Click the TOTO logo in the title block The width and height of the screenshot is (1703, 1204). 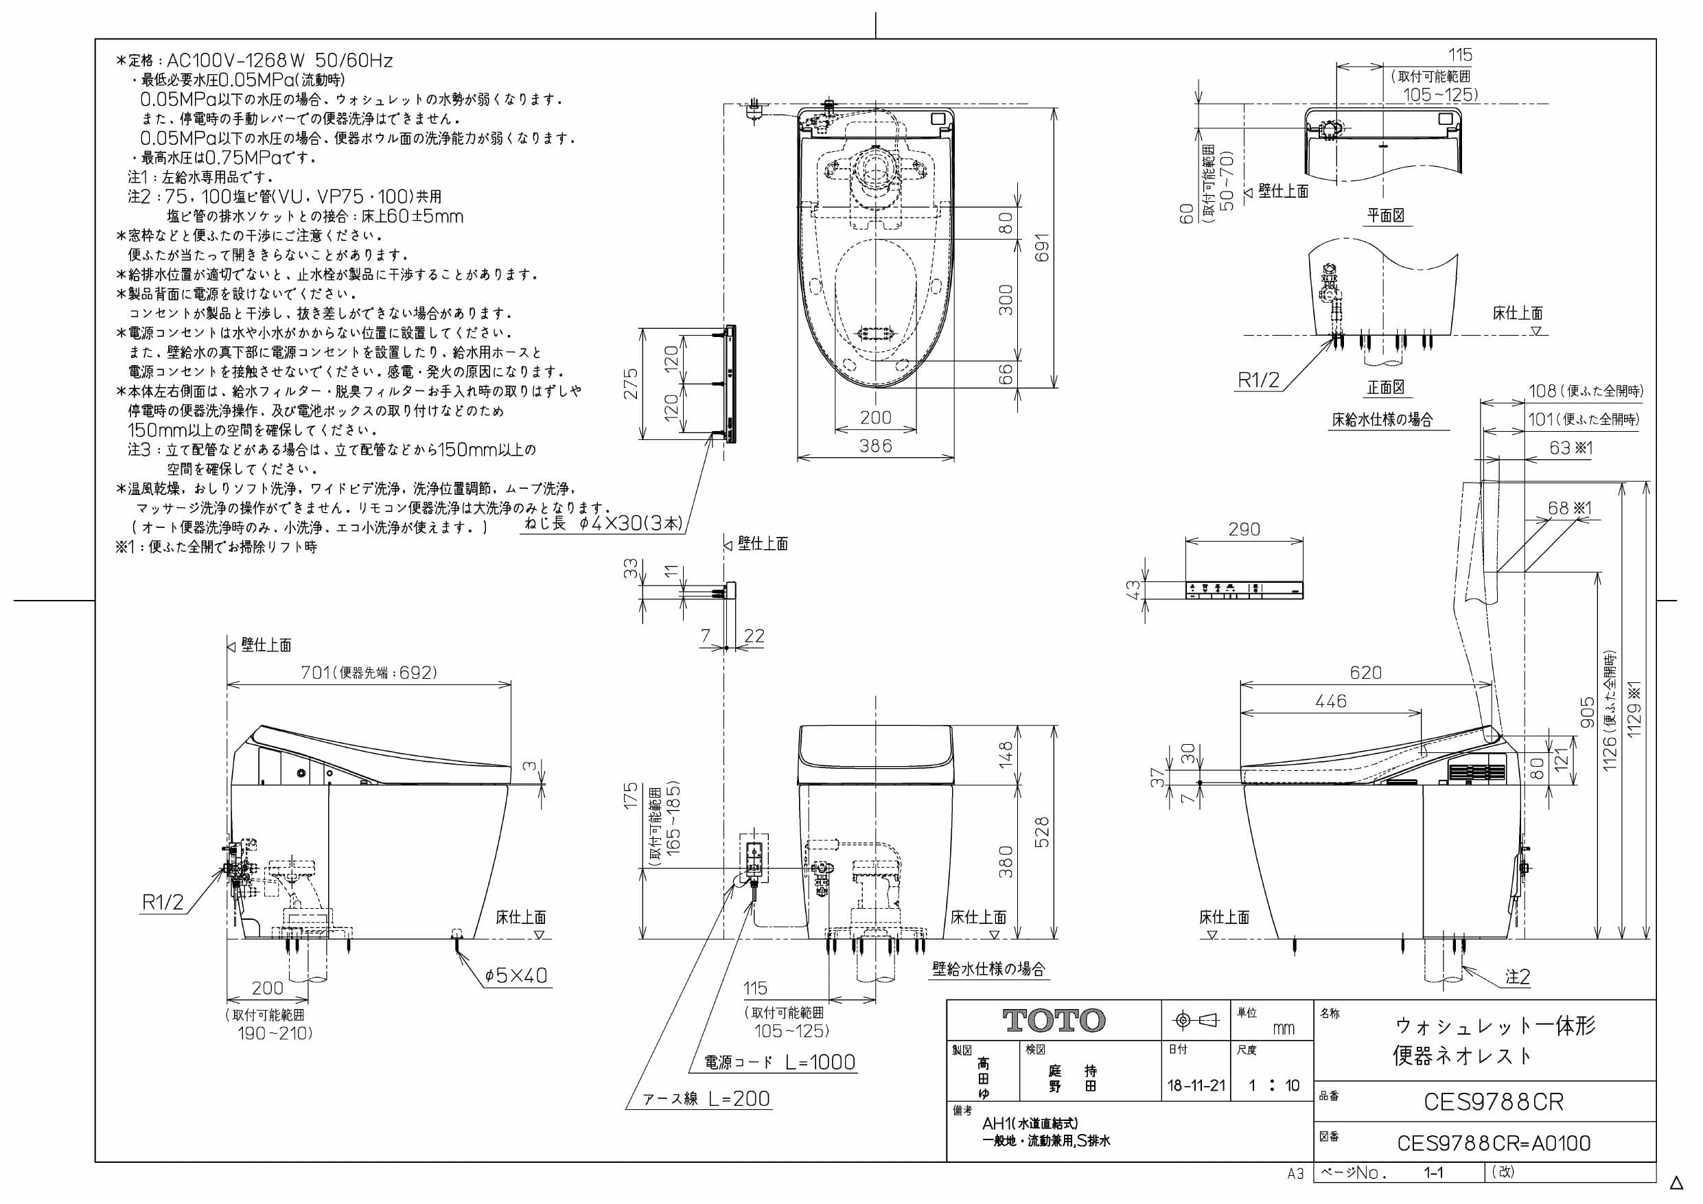click(x=1054, y=1021)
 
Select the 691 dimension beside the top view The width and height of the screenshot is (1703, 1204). click(x=1043, y=248)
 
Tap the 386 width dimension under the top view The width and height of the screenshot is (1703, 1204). click(x=875, y=446)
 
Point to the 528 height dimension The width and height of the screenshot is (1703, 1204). click(x=1042, y=833)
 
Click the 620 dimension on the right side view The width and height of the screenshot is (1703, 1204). click(x=1365, y=673)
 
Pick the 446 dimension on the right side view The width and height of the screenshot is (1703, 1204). click(x=1331, y=701)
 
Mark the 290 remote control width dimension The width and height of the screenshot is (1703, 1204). click(x=1244, y=530)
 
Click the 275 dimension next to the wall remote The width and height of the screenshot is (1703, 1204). click(x=630, y=384)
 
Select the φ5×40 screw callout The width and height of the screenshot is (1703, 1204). click(x=516, y=975)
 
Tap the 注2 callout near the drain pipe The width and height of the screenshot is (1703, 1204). click(x=1518, y=977)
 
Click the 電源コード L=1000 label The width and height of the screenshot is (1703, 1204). click(x=780, y=1063)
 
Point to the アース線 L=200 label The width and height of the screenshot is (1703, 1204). click(x=706, y=1099)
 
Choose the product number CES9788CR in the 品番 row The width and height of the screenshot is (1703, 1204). click(x=1493, y=1102)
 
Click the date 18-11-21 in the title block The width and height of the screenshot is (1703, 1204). click(x=1196, y=1086)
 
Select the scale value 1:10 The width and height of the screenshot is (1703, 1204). click(x=1273, y=1086)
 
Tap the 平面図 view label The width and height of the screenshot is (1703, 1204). click(x=1386, y=216)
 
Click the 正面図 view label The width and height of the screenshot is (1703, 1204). click(x=1386, y=387)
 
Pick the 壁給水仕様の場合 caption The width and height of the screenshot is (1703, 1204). click(x=988, y=969)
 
